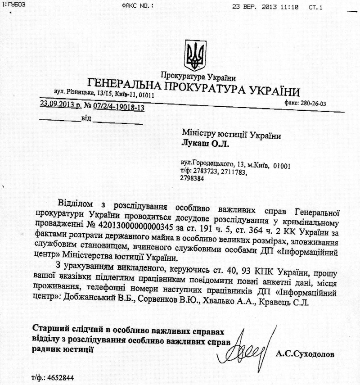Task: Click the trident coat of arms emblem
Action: pyautogui.click(x=193, y=54)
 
